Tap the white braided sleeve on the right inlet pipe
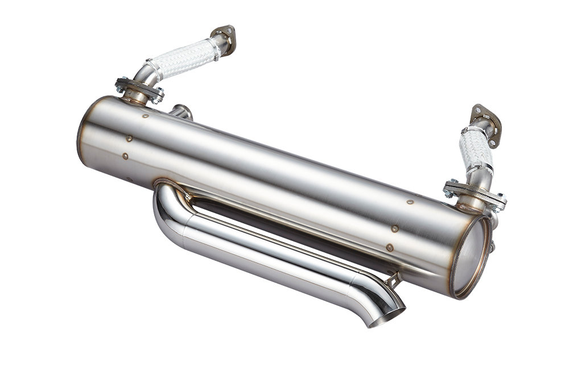(476, 149)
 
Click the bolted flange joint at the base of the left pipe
(139, 89)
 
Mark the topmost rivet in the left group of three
(146, 116)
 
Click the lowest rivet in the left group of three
(125, 155)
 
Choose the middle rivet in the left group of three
(129, 138)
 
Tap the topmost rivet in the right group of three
(410, 202)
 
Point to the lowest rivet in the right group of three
(389, 248)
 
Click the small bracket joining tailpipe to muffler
(391, 279)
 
